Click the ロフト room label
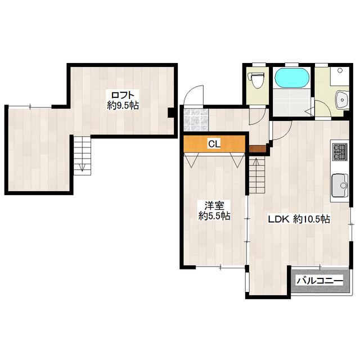pos(122,95)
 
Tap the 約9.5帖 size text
pos(123,105)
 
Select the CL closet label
pos(214,144)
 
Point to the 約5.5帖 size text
pos(214,216)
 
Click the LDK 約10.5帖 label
pos(299,219)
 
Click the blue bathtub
pos(292,78)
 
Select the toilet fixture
pos(257,79)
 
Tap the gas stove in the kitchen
pos(340,152)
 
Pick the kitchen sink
pos(340,186)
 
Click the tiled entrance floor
pos(196,120)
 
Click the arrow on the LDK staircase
pos(256,164)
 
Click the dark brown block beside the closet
pos(257,149)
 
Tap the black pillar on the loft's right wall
pos(171,112)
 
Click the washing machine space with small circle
pos(340,76)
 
